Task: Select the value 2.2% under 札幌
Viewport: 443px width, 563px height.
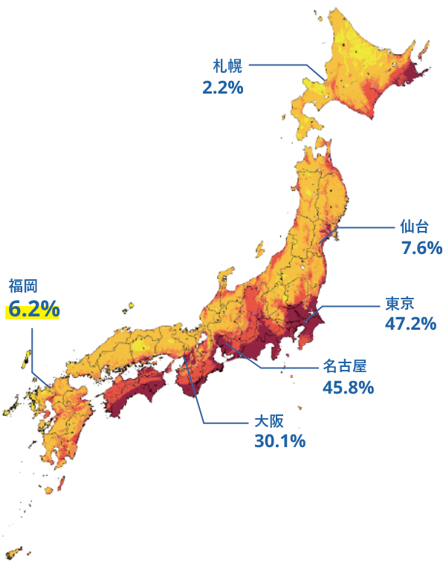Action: click(x=223, y=87)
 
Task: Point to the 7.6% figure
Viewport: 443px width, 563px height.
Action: click(x=421, y=247)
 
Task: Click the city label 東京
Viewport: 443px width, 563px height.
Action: click(x=399, y=303)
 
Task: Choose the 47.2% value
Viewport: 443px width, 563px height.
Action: click(x=410, y=323)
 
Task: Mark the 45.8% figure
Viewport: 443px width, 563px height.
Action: click(x=347, y=387)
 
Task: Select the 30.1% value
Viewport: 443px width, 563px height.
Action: click(x=279, y=441)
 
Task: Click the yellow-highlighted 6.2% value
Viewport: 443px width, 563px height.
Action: click(x=33, y=310)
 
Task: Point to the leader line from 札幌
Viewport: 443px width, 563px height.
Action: click(x=282, y=65)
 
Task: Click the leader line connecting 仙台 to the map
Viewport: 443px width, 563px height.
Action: click(x=364, y=227)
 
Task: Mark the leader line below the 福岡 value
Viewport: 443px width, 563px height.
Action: click(x=33, y=349)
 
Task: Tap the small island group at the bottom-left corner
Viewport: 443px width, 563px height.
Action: click(x=13, y=553)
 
